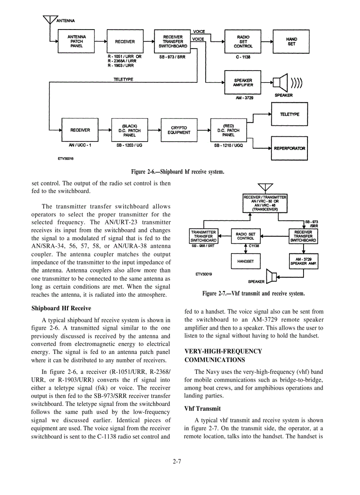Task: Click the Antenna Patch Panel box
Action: coord(76,41)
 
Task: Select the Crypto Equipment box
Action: coord(180,130)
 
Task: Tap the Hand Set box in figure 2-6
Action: coord(291,41)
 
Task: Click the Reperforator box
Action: coord(289,148)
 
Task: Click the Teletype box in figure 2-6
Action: coord(289,114)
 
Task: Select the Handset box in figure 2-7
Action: coord(245,261)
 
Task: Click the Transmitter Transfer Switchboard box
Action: coord(203,236)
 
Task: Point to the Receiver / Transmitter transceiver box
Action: coord(265,203)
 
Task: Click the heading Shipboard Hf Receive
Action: coord(61,308)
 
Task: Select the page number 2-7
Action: coord(177,462)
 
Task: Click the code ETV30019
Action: coord(203,274)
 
